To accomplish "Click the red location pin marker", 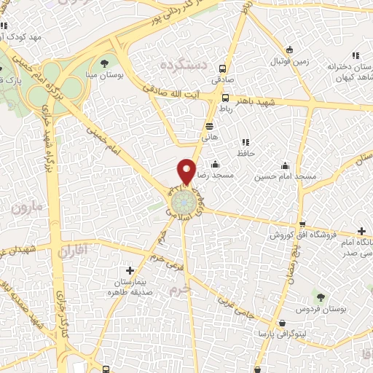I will [187, 171].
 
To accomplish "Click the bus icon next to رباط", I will [226, 97].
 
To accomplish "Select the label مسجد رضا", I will [219, 176].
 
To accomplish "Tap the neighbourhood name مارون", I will [28, 208].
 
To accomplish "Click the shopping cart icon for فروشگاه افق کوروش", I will [302, 224].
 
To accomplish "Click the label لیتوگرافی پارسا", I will [272, 334].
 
